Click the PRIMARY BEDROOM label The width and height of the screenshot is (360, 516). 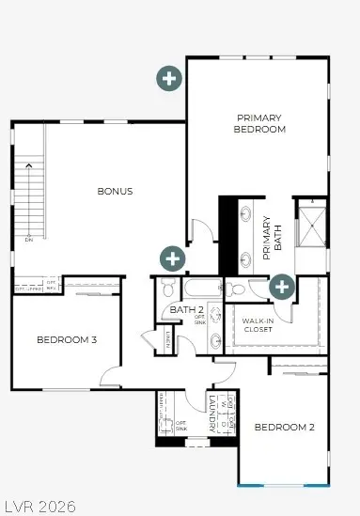tap(258, 123)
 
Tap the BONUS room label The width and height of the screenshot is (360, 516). tap(115, 191)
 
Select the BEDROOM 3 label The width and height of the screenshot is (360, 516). tap(67, 339)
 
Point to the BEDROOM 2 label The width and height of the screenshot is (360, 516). tap(284, 427)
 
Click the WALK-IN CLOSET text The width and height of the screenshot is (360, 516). tap(257, 325)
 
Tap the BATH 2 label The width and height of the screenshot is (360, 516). tap(187, 309)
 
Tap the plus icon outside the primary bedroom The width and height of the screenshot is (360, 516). tap(169, 78)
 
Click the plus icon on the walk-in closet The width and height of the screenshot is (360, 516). tap(281, 287)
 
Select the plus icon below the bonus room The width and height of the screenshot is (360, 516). tap(172, 257)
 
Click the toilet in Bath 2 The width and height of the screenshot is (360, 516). tap(166, 285)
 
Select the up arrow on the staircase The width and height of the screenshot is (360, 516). tap(28, 166)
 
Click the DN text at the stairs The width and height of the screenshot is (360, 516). tap(28, 240)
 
